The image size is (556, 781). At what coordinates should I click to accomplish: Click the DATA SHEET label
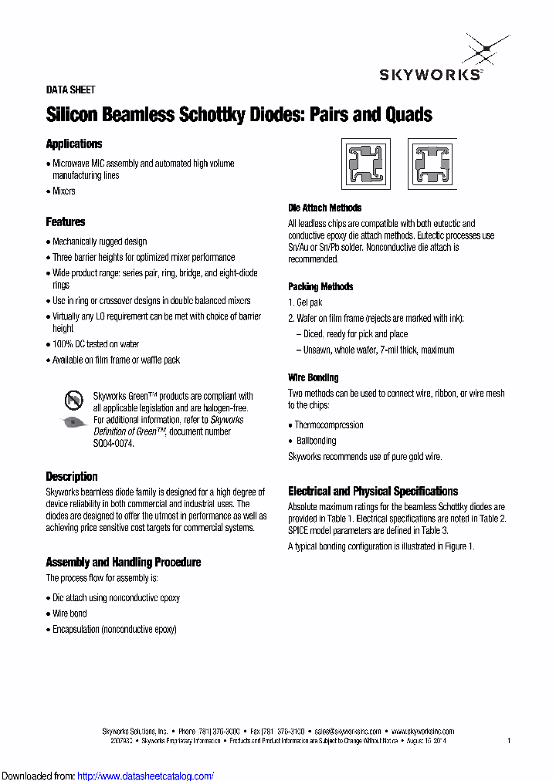click(71, 90)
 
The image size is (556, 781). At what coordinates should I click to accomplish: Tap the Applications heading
click(74, 144)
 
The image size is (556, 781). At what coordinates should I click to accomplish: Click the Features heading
click(66, 222)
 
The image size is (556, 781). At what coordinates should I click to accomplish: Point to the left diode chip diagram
click(366, 164)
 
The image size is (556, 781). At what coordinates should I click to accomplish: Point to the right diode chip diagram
click(432, 164)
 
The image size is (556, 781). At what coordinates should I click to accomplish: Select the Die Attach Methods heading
click(324, 208)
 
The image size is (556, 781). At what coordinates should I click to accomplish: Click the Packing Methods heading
click(320, 286)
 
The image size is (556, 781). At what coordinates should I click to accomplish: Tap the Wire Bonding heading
click(313, 377)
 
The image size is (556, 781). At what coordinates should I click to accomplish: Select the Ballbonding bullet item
click(317, 441)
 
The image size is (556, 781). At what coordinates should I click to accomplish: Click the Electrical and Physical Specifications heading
click(373, 491)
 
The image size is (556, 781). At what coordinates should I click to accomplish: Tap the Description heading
click(72, 476)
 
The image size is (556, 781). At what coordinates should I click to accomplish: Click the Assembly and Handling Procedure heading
click(124, 562)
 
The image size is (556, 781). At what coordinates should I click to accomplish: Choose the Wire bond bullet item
click(69, 614)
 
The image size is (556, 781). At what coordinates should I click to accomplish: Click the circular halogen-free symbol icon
click(73, 400)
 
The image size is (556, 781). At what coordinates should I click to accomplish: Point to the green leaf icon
click(73, 421)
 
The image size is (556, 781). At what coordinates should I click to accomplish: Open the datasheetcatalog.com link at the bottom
click(146, 776)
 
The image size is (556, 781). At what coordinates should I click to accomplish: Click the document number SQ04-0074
click(114, 444)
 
